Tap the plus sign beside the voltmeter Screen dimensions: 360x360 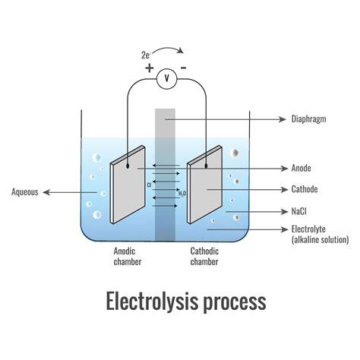pyautogui.click(x=149, y=67)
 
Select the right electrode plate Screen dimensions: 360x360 pyautogui.click(x=205, y=190)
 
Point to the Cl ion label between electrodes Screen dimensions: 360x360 pyautogui.click(x=150, y=185)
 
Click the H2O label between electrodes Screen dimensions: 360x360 pyautogui.click(x=182, y=194)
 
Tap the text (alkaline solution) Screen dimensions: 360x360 pyautogui.click(x=320, y=240)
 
